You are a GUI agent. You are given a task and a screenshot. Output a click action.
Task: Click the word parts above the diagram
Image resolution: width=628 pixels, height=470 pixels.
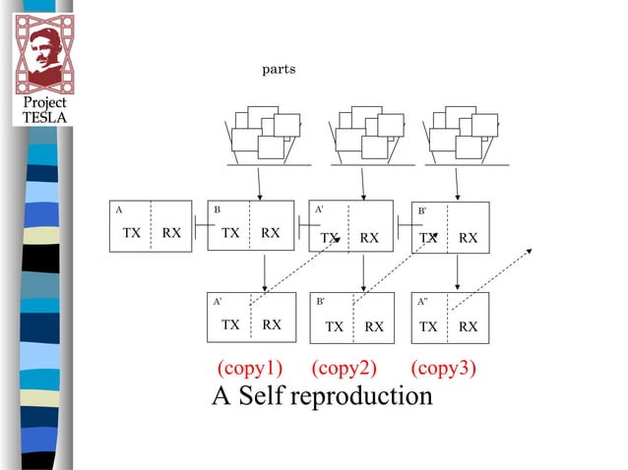(x=278, y=69)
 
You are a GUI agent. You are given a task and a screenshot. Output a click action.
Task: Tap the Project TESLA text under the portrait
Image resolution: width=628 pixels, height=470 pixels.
(x=44, y=110)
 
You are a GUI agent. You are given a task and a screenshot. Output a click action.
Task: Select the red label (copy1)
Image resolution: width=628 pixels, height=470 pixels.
(x=249, y=369)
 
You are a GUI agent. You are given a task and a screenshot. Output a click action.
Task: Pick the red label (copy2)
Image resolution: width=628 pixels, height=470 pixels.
(x=345, y=369)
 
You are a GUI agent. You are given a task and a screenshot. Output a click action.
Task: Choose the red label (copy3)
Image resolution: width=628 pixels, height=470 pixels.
(x=443, y=369)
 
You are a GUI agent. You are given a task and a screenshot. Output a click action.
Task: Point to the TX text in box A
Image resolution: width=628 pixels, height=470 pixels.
(x=131, y=234)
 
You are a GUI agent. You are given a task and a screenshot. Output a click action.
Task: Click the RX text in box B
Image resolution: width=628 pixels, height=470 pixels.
(x=271, y=234)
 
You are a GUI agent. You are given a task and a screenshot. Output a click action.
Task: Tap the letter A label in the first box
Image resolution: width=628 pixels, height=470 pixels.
(x=119, y=209)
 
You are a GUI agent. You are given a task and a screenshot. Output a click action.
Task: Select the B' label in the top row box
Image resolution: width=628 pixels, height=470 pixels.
(x=422, y=210)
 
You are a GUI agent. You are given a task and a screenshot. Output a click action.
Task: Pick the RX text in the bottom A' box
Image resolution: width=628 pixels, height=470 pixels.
(x=272, y=324)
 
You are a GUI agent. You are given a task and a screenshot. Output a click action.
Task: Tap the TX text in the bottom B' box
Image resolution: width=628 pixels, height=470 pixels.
(x=335, y=326)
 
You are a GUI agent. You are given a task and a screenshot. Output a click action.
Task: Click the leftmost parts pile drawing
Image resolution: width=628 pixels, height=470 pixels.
(x=262, y=136)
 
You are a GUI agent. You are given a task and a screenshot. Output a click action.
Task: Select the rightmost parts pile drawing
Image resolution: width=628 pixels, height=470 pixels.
(x=461, y=136)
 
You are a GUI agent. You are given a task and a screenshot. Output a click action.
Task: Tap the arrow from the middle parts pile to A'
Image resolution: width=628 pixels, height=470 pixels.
(x=363, y=183)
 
